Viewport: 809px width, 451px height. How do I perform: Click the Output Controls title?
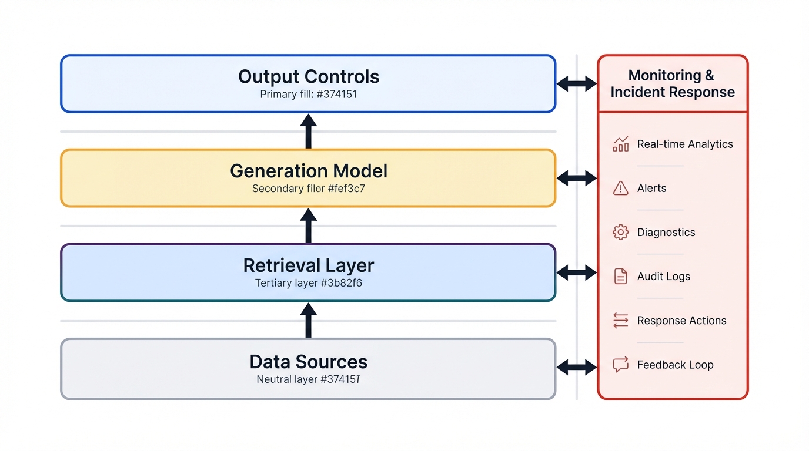[308, 77]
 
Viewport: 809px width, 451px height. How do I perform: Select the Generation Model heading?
[308, 171]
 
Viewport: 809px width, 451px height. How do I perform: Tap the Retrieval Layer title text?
[308, 265]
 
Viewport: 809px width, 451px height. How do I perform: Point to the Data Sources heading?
[308, 361]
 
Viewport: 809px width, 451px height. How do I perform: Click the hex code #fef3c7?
[343, 189]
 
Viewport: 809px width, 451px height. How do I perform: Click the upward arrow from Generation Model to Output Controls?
[308, 131]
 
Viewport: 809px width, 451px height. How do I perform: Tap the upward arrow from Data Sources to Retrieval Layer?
[308, 321]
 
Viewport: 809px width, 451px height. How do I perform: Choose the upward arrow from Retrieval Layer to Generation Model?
[308, 225]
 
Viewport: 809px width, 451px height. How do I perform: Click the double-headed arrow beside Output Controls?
[576, 84]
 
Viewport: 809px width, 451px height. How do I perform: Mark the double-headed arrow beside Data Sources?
[576, 368]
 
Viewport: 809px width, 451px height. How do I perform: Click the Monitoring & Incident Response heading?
[673, 84]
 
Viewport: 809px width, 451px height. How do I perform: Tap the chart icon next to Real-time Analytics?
[620, 144]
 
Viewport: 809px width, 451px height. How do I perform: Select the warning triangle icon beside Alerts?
[620, 188]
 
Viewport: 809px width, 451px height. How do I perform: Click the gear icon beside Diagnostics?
[620, 232]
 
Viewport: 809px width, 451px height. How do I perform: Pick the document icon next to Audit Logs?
[620, 276]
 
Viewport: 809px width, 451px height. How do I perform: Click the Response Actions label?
[681, 321]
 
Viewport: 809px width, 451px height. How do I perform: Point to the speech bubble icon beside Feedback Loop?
[620, 365]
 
